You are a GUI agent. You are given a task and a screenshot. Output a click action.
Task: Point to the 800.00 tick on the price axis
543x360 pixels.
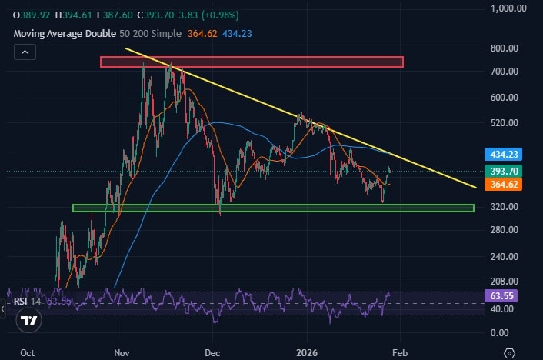(x=509, y=48)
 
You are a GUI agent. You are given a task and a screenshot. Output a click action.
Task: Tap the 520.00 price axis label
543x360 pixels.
(x=509, y=123)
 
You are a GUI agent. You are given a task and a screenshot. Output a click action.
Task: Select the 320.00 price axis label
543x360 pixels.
(x=509, y=207)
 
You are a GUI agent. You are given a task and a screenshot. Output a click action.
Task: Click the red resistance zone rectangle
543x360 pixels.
(x=252, y=62)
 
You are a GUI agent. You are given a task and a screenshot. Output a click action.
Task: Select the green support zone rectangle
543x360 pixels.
(x=273, y=208)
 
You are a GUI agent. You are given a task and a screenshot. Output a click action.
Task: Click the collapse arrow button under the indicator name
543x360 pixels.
(x=25, y=52)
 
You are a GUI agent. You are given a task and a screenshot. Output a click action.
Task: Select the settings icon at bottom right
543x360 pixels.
(x=509, y=352)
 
